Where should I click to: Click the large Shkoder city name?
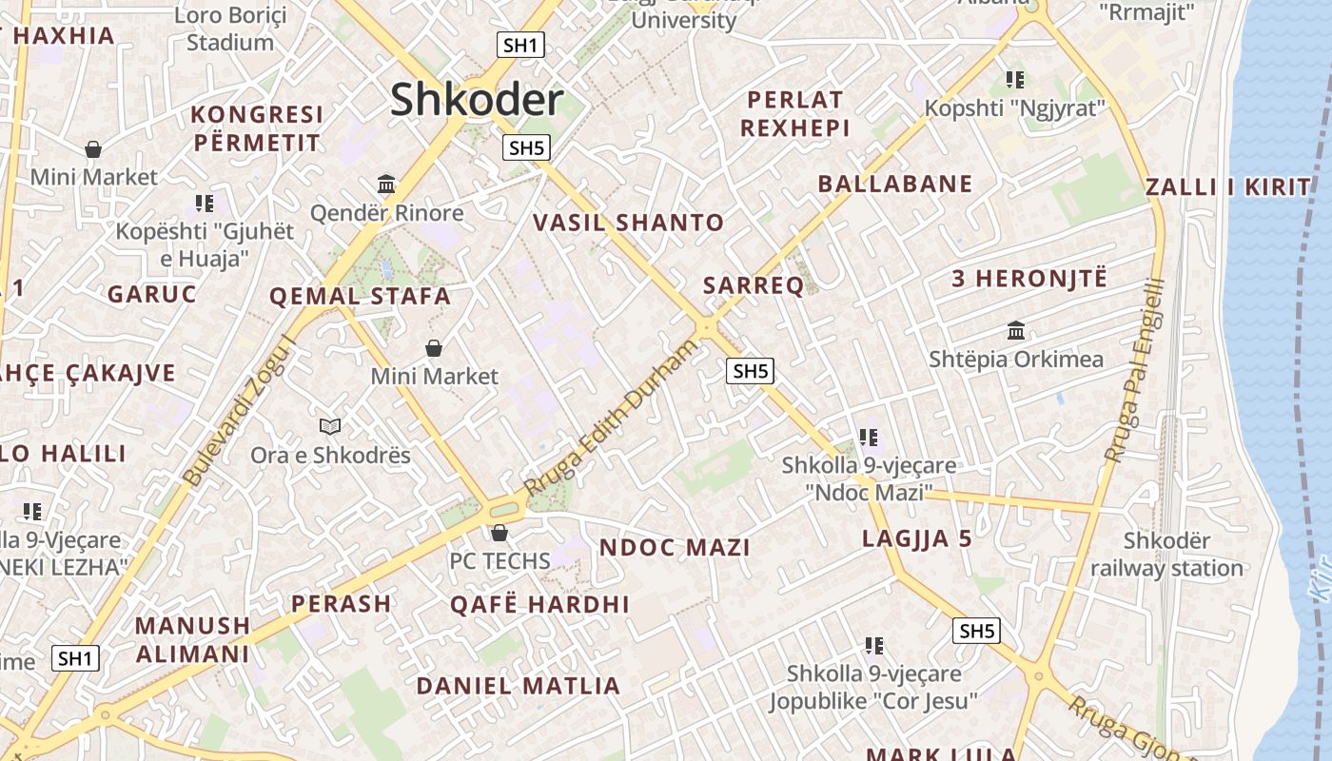477,100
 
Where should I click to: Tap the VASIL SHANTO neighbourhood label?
628,223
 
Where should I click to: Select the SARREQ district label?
754,285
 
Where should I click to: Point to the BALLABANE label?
895,184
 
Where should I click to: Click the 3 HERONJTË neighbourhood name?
1029,279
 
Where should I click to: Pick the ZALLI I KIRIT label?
1227,186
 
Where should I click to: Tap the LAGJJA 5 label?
917,538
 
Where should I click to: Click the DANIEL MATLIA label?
518,685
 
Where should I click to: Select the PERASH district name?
341,603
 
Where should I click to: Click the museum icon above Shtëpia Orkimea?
1016,331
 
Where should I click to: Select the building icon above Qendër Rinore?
386,184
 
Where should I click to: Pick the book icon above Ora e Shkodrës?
330,426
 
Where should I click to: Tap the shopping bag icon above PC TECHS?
499,533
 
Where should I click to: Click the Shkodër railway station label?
1166,555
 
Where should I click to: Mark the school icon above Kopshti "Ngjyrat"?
1015,80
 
